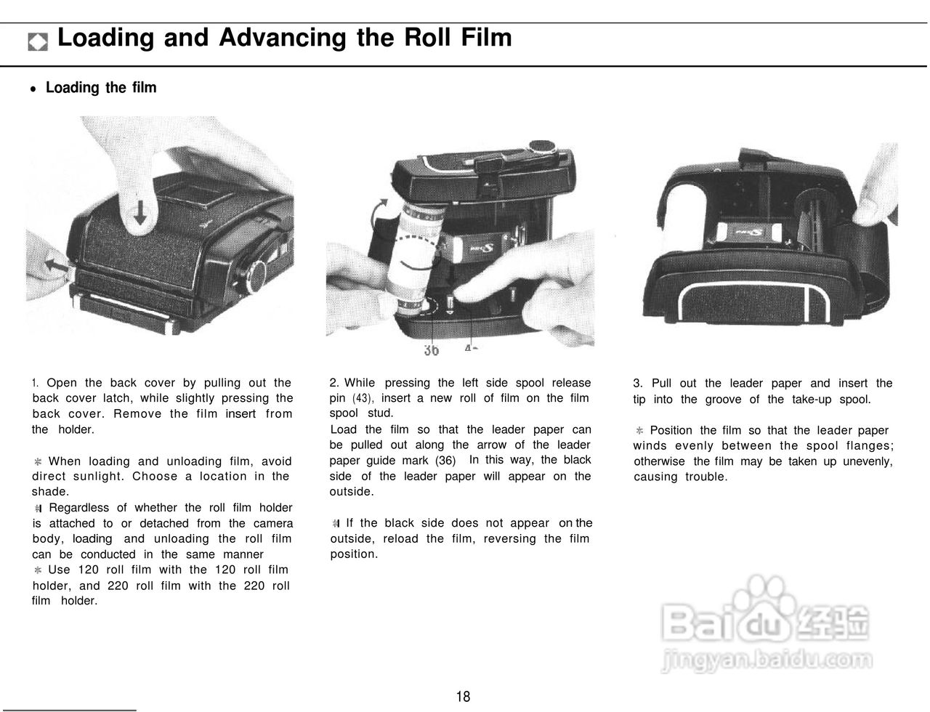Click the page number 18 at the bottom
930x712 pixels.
pos(463,697)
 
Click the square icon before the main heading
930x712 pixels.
pos(38,41)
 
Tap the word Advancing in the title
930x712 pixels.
pos(282,38)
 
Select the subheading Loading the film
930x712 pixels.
pos(100,88)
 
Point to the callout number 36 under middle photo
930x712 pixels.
pos(431,350)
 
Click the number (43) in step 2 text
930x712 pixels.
pos(363,398)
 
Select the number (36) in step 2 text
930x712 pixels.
pos(445,461)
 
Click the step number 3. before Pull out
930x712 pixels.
pos(638,384)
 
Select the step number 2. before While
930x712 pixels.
pos(334,383)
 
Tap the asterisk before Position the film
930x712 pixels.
pos(639,431)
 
